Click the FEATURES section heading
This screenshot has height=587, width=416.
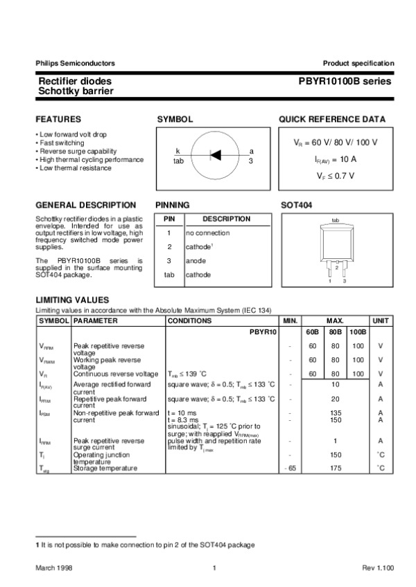[x=58, y=119]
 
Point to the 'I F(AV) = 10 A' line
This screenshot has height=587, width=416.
[x=336, y=159]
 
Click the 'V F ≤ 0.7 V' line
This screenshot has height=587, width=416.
[x=336, y=175]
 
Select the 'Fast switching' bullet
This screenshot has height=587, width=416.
[x=62, y=143]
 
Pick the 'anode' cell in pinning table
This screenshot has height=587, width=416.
[x=196, y=261]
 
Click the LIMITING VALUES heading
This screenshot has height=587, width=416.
[x=72, y=300]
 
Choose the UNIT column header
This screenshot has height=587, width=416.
[x=381, y=321]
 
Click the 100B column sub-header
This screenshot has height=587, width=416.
[x=358, y=332]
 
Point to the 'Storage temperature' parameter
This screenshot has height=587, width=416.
[x=105, y=469]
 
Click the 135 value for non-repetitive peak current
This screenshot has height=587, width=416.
[x=335, y=413]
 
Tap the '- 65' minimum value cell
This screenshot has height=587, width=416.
[x=291, y=469]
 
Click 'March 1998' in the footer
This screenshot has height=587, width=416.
[x=55, y=568]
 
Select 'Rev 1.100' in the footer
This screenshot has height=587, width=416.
[x=378, y=568]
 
